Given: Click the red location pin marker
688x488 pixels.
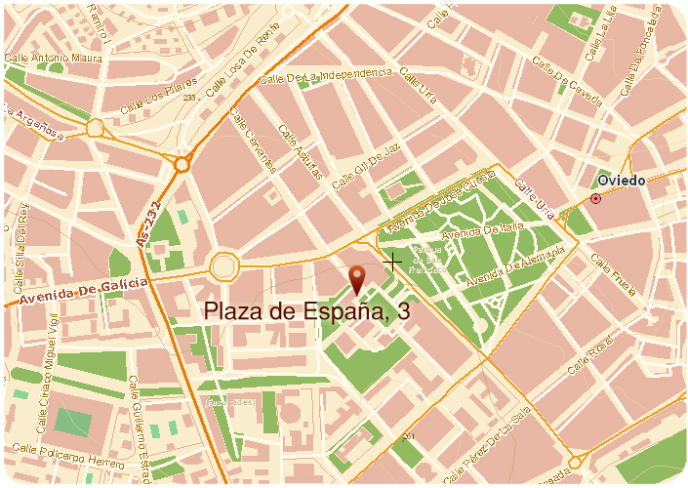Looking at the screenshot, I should pos(357,278).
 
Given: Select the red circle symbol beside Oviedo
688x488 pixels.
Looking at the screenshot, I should pos(595,199).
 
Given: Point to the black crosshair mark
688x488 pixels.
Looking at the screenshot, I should pos(392,262).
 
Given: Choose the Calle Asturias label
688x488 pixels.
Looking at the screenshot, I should pos(300,152).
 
